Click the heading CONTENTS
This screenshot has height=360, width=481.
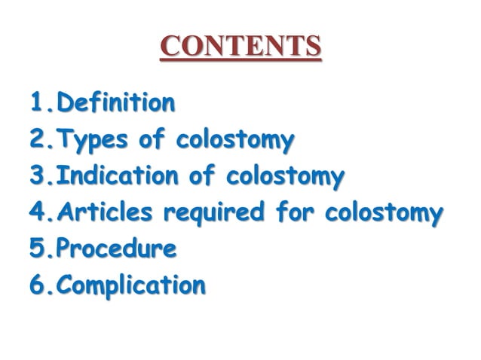[240, 47]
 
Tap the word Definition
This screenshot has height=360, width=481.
[116, 102]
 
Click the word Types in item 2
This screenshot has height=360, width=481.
[91, 140]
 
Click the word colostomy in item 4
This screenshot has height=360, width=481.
[383, 214]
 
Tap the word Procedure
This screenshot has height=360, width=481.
[116, 249]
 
